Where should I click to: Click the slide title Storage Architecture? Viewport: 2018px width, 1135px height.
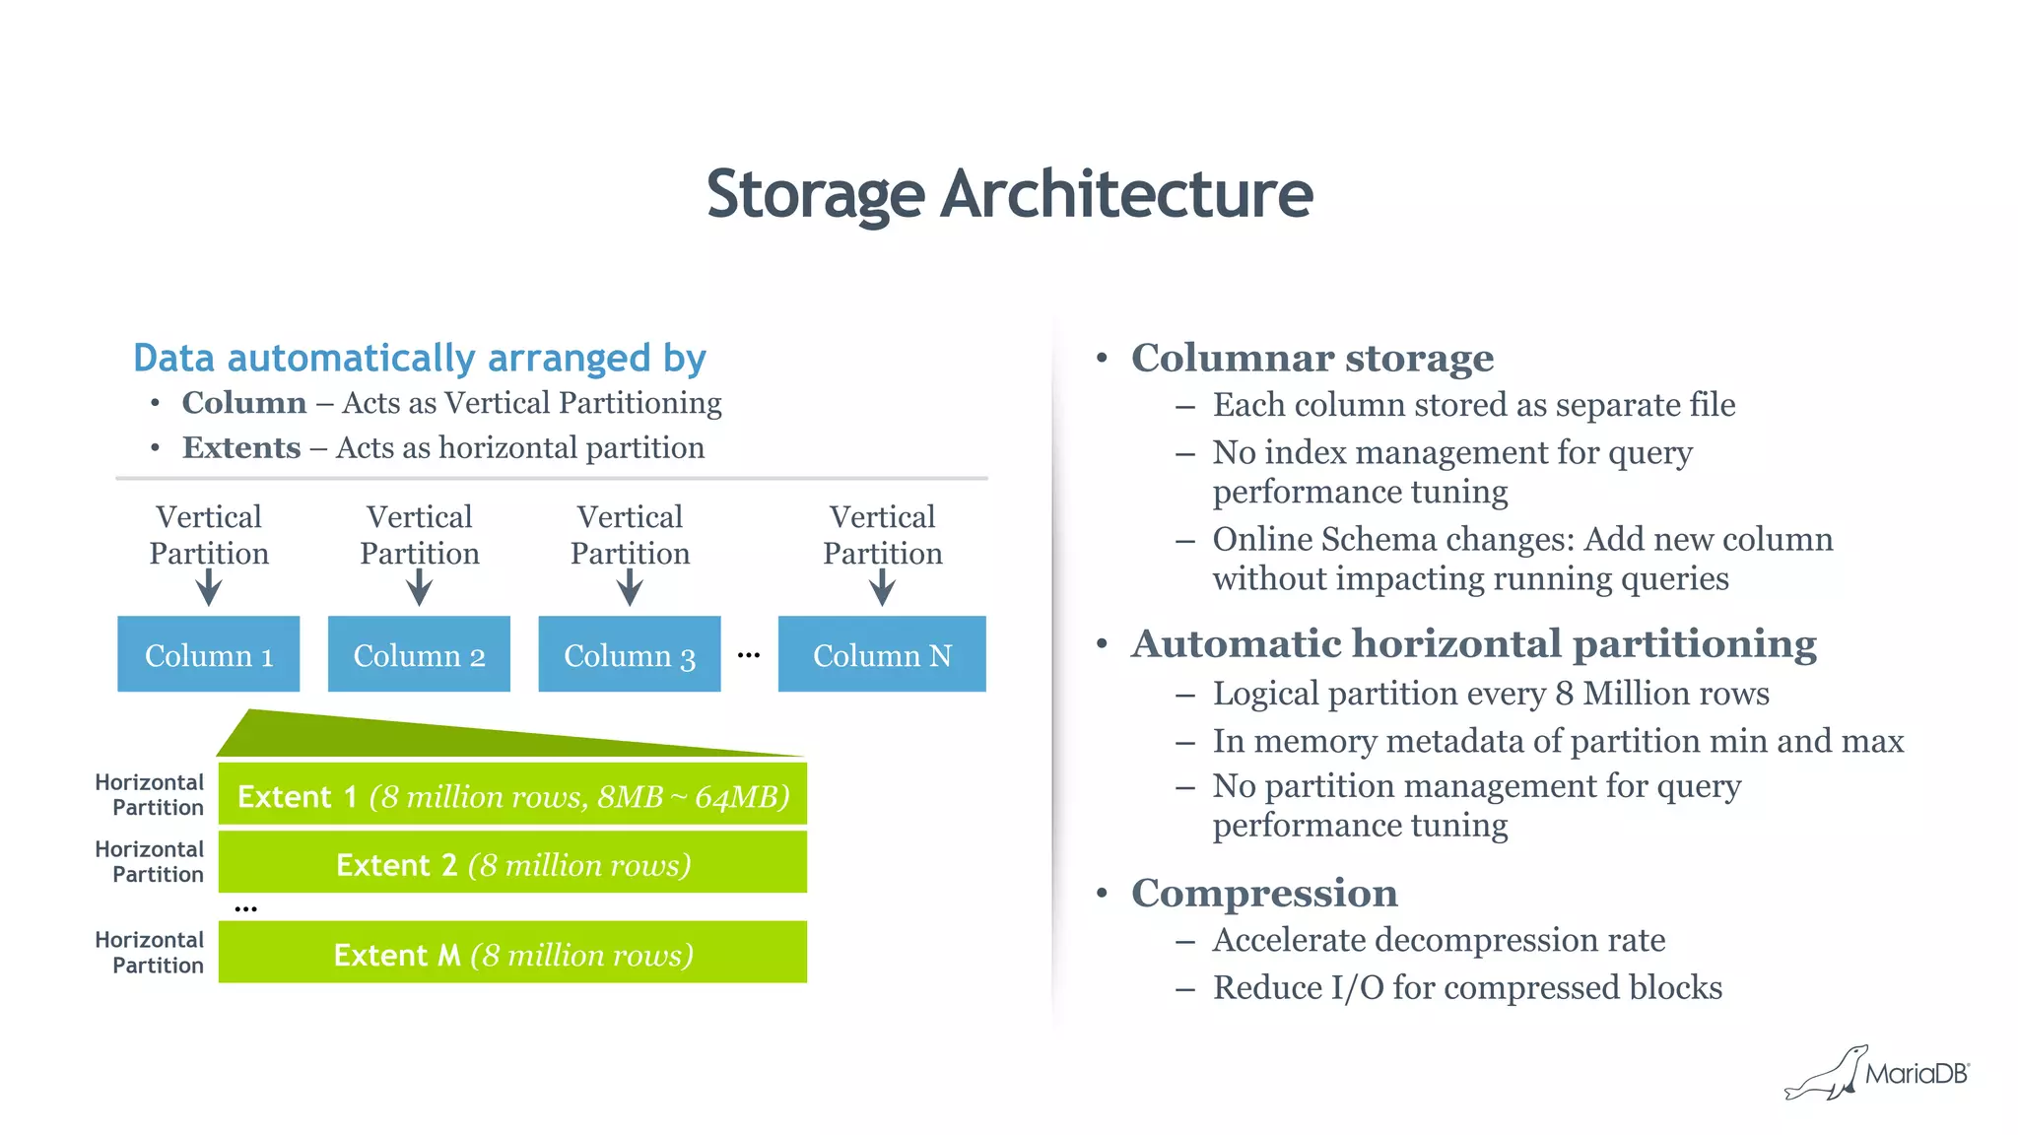1009,194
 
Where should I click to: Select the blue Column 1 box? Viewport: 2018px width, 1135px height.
208,654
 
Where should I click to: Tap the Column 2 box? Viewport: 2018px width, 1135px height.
419,654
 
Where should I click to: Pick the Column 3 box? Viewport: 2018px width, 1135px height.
629,654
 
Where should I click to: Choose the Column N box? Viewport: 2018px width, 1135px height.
882,654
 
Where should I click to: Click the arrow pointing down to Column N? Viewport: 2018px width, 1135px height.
882,590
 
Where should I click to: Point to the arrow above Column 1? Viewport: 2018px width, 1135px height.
208,590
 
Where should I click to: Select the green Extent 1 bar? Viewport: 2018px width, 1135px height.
512,794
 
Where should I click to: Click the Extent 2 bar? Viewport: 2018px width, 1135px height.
512,863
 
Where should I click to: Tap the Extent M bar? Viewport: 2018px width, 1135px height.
512,953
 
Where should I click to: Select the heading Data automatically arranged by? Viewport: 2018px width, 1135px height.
419,358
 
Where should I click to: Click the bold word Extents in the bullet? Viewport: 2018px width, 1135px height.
241,448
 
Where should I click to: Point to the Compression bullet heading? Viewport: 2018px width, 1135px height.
1264,893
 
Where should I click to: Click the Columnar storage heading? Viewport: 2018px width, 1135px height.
1312,358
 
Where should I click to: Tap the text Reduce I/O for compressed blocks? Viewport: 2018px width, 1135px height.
1467,987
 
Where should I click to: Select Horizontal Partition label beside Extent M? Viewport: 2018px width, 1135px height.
151,953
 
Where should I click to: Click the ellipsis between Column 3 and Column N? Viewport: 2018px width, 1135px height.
749,655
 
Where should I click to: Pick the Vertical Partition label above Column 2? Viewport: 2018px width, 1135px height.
419,535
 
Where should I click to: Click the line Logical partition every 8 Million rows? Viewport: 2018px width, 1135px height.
1490,694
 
